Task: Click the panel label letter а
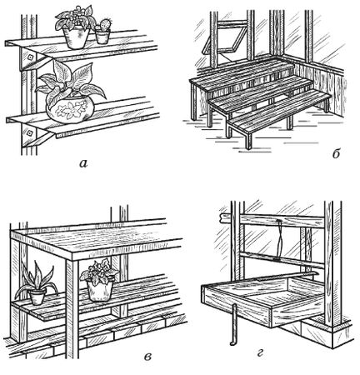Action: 83,164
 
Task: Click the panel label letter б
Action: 336,153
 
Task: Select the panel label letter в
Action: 147,357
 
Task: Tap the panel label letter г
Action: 260,353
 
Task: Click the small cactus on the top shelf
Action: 105,24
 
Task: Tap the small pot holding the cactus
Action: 102,37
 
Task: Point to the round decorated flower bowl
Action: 70,110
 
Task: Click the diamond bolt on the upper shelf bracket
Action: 30,57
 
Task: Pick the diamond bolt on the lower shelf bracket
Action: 29,133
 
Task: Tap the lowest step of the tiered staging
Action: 278,112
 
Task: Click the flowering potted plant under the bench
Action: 99,280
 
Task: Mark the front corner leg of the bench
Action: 72,309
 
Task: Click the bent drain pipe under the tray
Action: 233,324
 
